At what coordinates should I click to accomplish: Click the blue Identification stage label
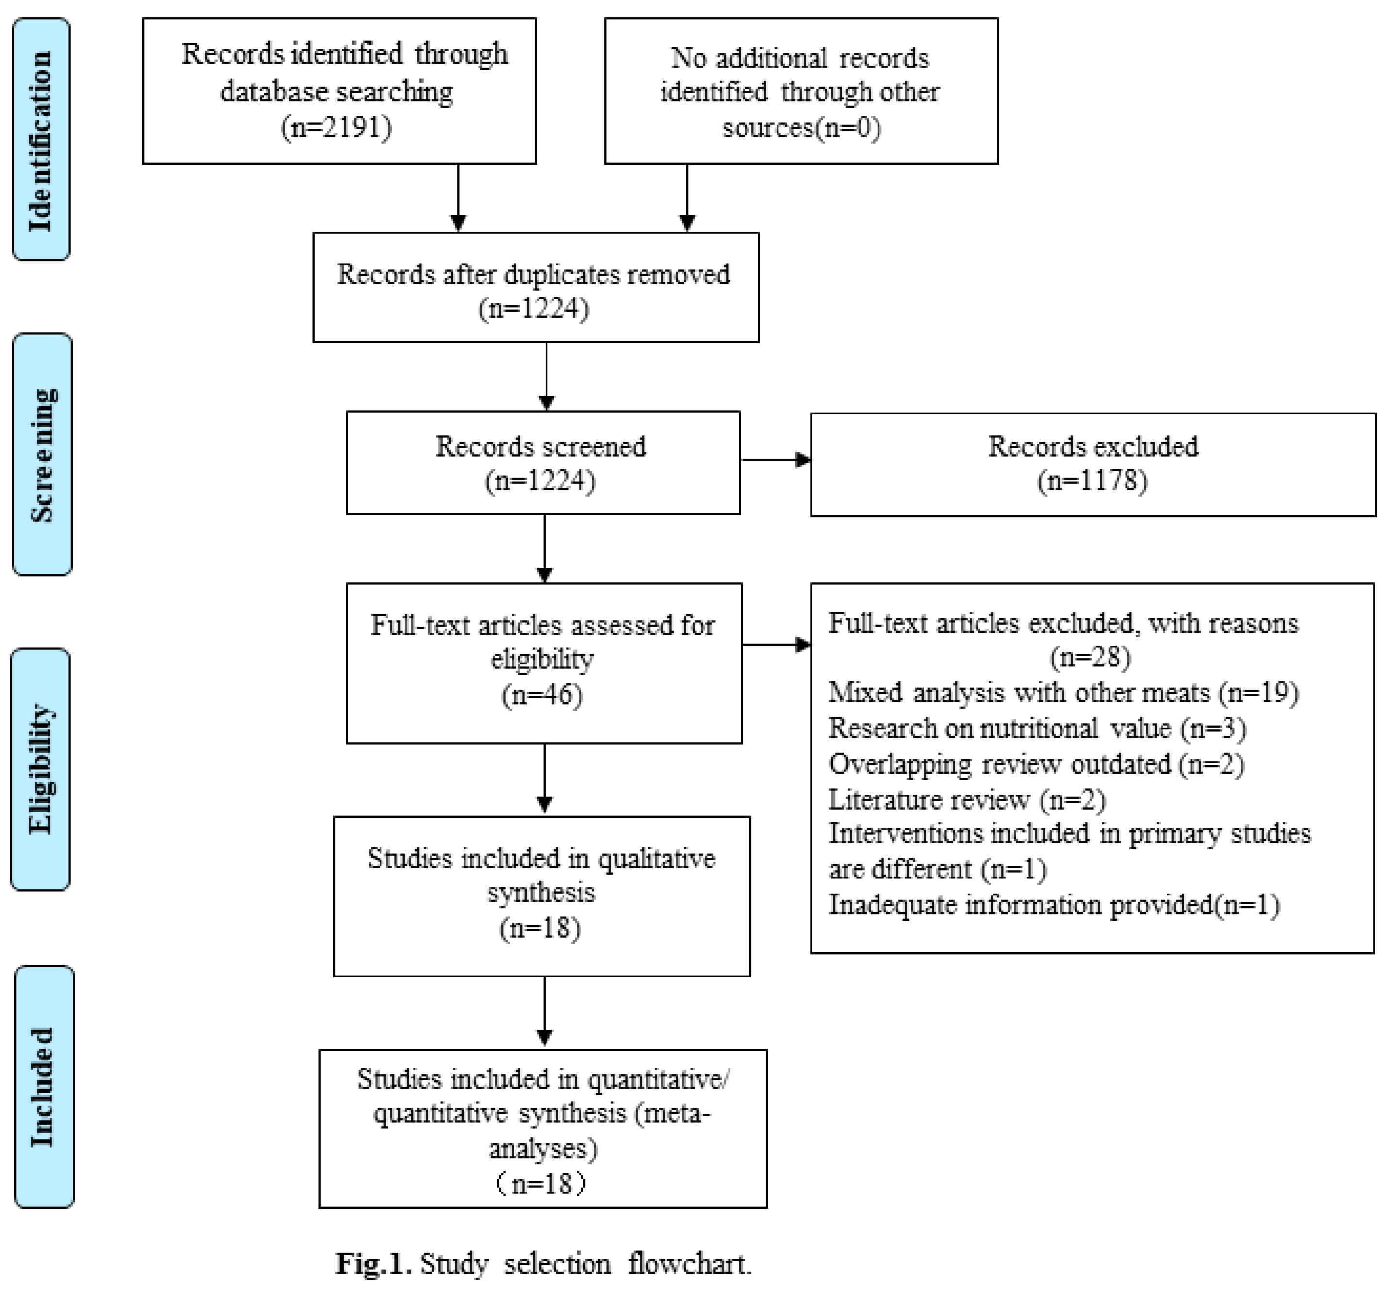pos(41,140)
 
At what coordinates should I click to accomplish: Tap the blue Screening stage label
pos(42,454)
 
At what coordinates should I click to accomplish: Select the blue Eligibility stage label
pos(41,769)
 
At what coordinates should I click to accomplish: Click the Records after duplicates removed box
pos(535,287)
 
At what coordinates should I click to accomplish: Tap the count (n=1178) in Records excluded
pos(1093,481)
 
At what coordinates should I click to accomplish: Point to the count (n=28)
pos(1091,657)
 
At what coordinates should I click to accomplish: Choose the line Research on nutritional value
pos(1037,729)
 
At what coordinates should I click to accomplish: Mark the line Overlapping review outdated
pos(1036,764)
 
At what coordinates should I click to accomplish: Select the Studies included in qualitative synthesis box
pos(542,895)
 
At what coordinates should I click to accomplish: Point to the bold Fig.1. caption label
pos(373,1263)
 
